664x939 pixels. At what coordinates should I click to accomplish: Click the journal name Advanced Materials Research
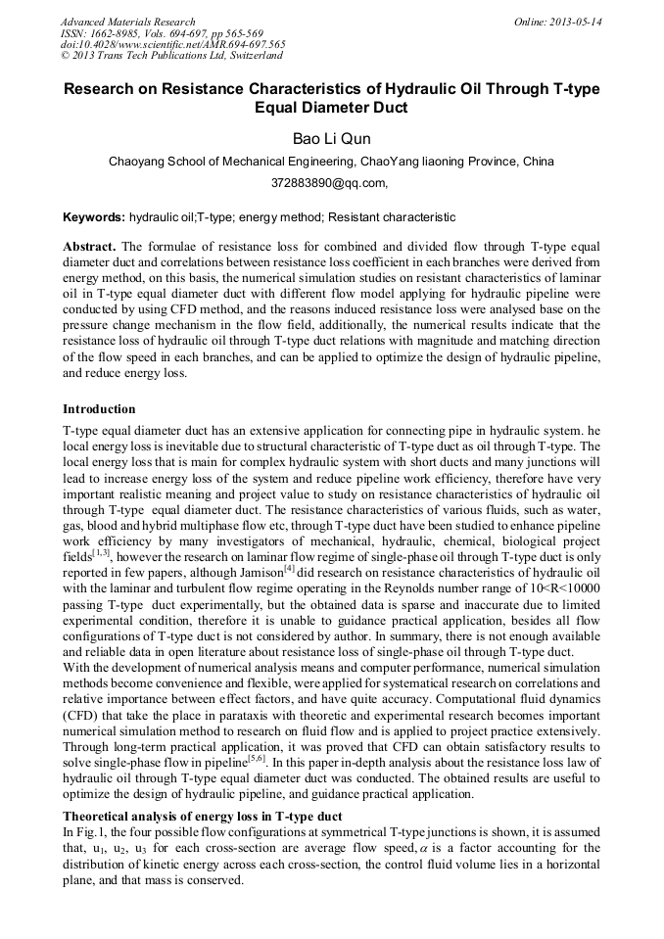pyautogui.click(x=127, y=22)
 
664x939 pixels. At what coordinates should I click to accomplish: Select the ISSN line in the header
pyautogui.click(x=158, y=33)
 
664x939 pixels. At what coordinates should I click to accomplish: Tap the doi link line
pyautogui.click(x=173, y=44)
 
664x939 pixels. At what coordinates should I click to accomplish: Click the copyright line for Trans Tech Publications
pyautogui.click(x=164, y=56)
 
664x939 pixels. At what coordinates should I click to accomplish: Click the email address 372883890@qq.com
pyautogui.click(x=330, y=182)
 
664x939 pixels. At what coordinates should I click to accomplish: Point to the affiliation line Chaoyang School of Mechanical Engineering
pyautogui.click(x=331, y=161)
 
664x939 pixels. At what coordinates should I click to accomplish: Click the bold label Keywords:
pyautogui.click(x=94, y=216)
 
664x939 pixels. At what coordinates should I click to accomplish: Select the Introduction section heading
pyautogui.click(x=99, y=408)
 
